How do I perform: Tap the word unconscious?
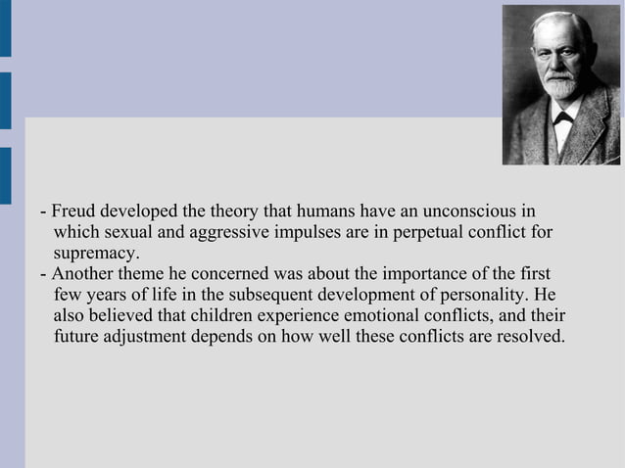coord(475,211)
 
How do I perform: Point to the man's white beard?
coord(560,86)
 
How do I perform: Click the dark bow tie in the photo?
coord(563,118)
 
